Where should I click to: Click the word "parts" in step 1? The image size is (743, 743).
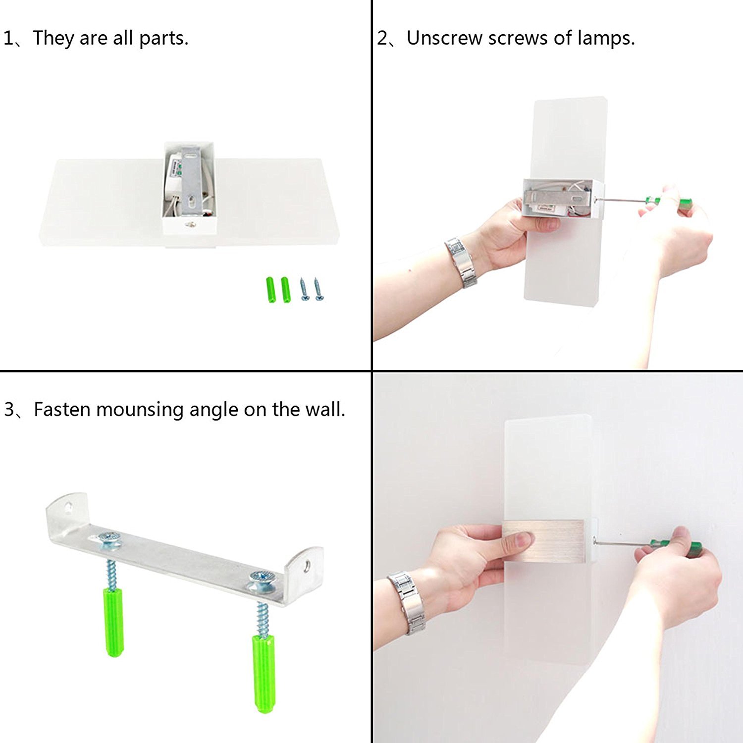click(163, 39)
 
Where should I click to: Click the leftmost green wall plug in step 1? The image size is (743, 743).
click(270, 290)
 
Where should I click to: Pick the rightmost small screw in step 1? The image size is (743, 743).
click(318, 290)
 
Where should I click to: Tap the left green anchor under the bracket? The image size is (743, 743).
click(113, 622)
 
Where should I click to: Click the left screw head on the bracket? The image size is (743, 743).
click(109, 538)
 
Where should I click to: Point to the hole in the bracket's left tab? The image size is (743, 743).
click(69, 507)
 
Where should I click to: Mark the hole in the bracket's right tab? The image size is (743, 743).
click(308, 564)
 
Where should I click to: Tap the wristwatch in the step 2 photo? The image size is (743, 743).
click(461, 262)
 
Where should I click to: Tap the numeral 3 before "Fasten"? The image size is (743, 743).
click(9, 410)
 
